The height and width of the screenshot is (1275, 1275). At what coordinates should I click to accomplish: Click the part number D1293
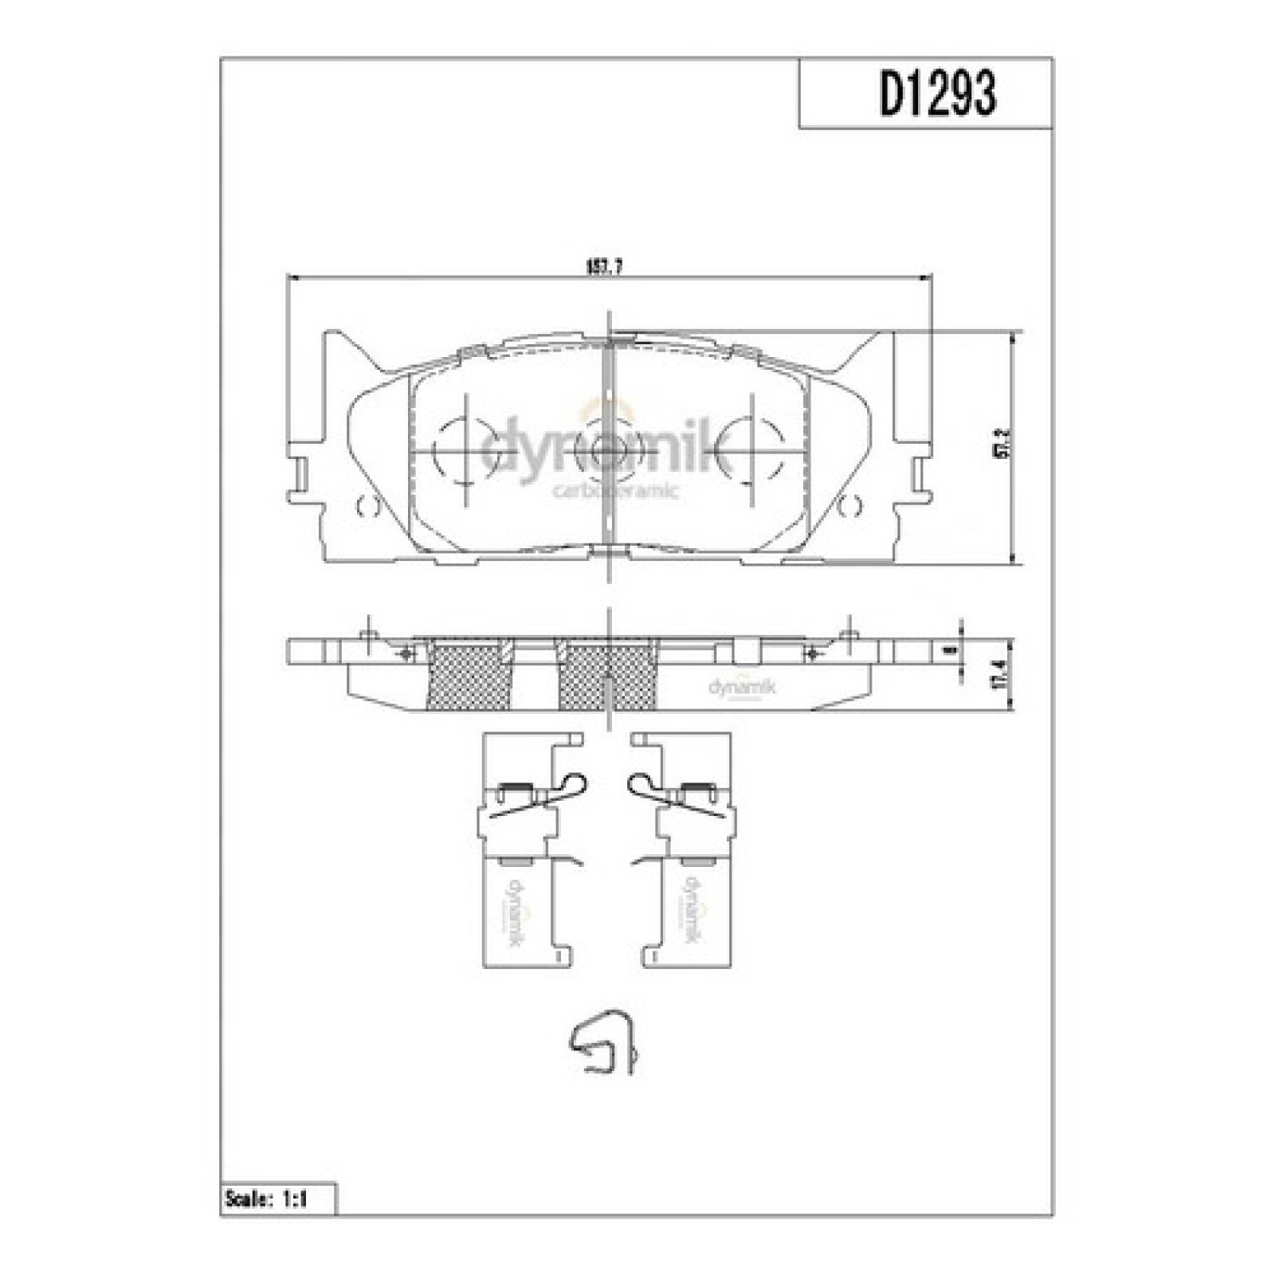coord(938,94)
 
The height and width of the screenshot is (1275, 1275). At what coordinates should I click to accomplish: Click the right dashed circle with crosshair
coord(749,451)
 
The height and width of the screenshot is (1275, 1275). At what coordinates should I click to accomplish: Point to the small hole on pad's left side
coord(367,505)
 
